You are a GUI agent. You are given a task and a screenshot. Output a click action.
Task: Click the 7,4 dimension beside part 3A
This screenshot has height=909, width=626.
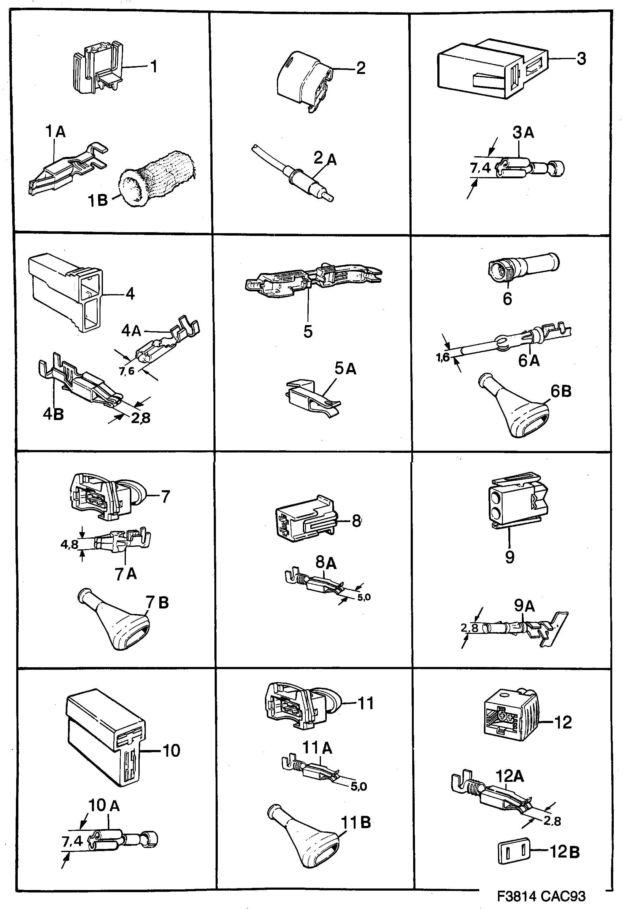tap(480, 168)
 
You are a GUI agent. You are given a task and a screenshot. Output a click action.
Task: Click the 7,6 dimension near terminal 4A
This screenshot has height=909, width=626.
tap(127, 370)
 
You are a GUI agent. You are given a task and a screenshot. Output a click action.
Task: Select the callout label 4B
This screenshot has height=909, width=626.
tap(53, 414)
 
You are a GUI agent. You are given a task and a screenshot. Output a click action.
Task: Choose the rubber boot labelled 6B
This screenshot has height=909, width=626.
tap(514, 410)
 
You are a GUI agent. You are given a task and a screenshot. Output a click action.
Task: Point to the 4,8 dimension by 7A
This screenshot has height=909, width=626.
tap(69, 544)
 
